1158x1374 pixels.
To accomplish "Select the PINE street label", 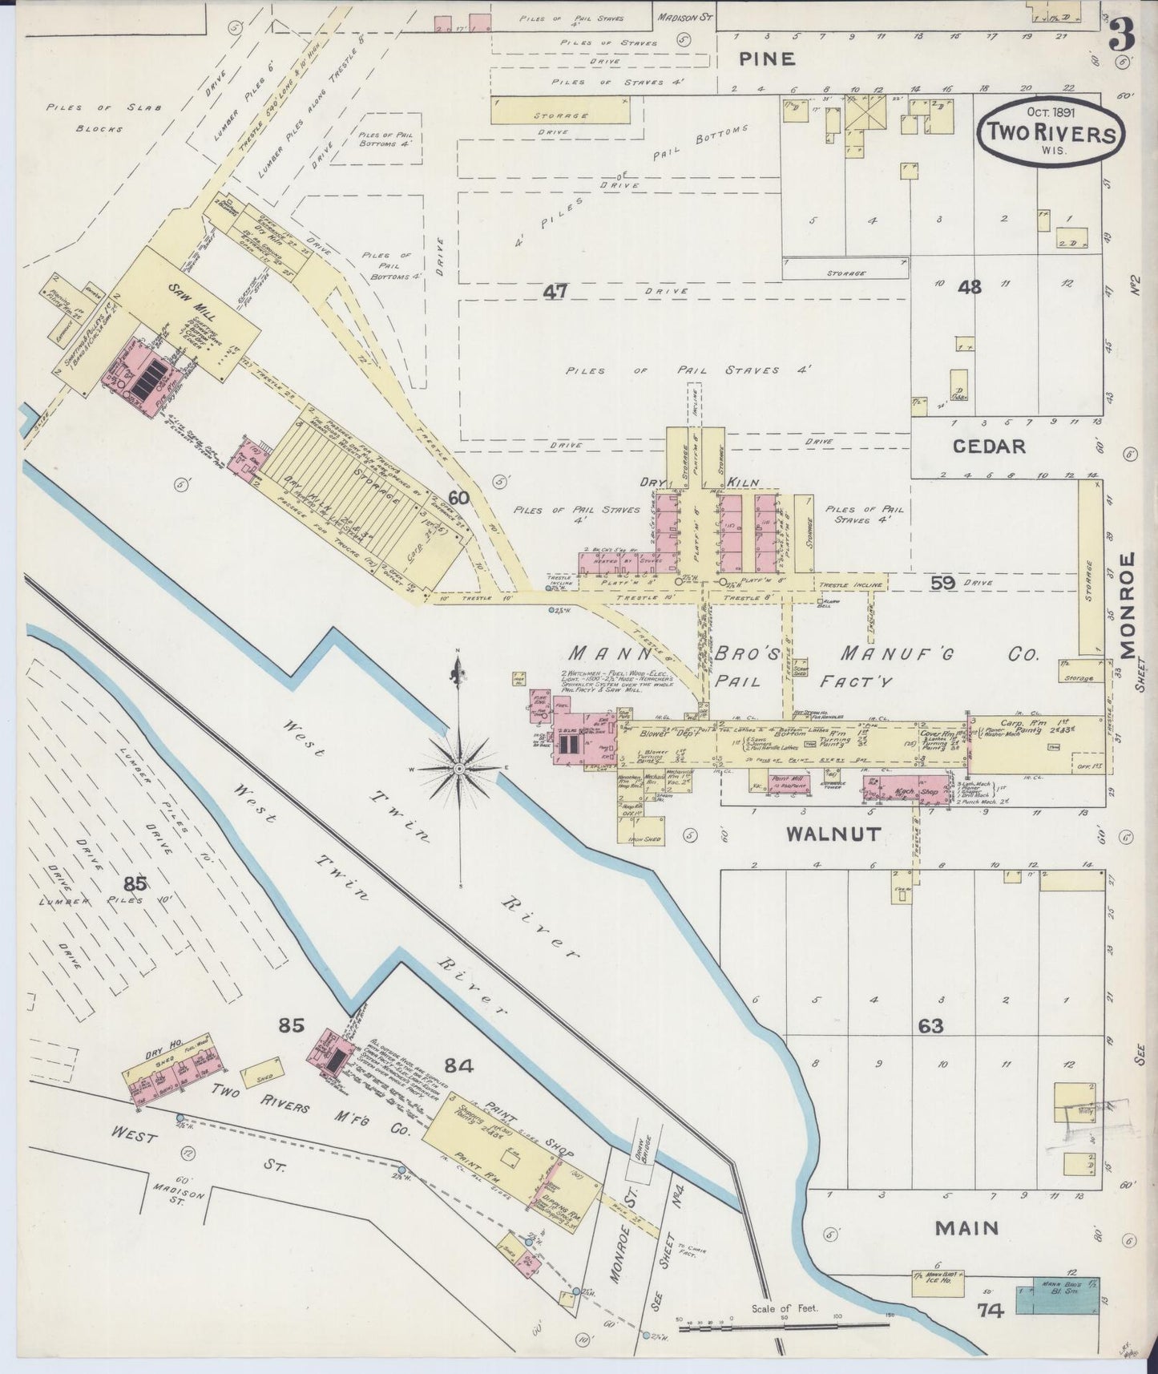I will (x=766, y=59).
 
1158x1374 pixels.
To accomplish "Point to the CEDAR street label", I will (x=989, y=447).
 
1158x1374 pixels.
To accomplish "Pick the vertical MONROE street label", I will (x=1129, y=606).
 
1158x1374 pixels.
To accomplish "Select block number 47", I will (x=555, y=293).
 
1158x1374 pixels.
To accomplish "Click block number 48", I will (x=970, y=286).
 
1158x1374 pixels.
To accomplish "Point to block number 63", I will (x=931, y=1025).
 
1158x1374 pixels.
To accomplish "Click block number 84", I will (x=459, y=1066).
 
